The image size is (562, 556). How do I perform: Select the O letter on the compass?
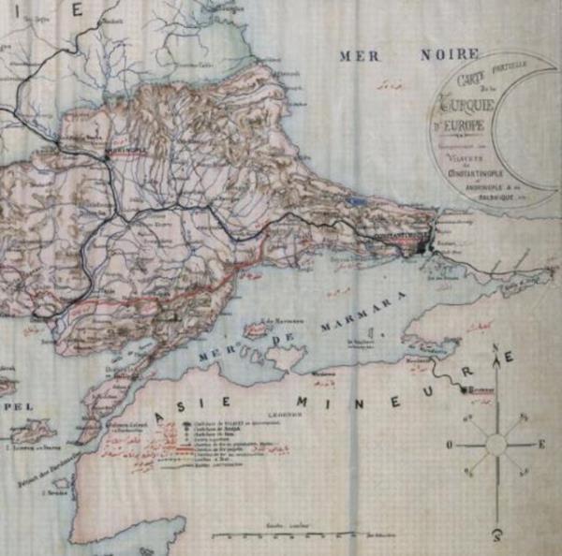pos(451,445)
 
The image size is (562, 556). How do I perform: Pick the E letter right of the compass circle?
pos(540,445)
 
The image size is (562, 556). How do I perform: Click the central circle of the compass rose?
pos(495,445)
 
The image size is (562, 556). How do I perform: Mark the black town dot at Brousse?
pos(466,387)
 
